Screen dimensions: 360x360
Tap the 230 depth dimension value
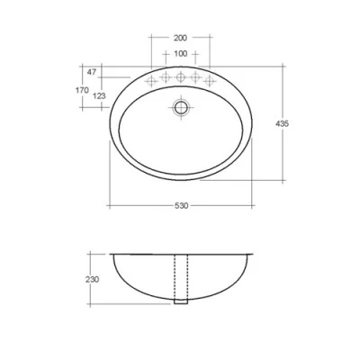tap(92, 279)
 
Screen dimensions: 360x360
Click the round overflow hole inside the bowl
tap(181, 106)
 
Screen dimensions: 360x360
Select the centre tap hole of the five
tap(181, 78)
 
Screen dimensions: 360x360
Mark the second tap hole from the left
tap(166, 79)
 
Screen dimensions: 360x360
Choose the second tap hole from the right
tap(195, 79)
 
